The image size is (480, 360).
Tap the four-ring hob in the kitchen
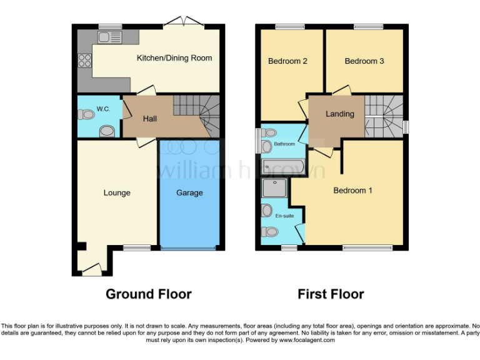[84, 61]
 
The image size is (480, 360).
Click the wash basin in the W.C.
[107, 131]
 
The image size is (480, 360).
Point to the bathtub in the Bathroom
[283, 166]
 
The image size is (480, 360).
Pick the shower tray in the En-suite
[274, 189]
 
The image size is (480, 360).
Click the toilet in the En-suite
[269, 232]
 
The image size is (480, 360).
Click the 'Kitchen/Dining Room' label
[174, 58]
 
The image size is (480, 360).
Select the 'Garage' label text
[189, 193]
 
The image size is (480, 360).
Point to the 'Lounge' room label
[117, 193]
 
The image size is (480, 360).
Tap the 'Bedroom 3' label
[364, 61]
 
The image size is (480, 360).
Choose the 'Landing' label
[340, 114]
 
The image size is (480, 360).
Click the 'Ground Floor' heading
[148, 294]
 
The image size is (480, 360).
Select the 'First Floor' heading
[331, 294]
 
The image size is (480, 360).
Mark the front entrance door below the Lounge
[92, 271]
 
